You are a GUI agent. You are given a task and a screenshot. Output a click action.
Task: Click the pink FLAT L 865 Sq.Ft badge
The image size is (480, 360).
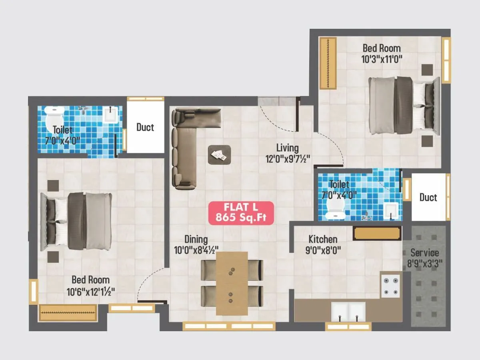click(x=241, y=213)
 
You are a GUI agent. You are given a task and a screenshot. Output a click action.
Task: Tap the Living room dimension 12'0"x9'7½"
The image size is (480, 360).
click(x=287, y=159)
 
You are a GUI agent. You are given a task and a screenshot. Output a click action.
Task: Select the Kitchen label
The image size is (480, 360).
click(x=322, y=239)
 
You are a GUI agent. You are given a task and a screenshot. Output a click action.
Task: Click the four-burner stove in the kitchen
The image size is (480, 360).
click(x=390, y=285)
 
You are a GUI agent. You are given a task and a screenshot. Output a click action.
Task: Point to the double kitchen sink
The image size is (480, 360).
click(x=348, y=311)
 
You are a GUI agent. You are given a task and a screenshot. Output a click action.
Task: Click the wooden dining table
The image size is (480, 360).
click(x=232, y=283)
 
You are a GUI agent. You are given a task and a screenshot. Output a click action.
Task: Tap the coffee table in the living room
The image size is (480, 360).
click(x=219, y=154)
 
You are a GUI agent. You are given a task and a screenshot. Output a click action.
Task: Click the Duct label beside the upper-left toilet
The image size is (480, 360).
click(x=145, y=127)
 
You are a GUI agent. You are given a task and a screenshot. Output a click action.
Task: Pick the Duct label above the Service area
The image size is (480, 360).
click(x=428, y=197)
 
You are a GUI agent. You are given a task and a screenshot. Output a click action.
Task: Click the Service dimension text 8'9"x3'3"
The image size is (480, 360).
click(x=424, y=264)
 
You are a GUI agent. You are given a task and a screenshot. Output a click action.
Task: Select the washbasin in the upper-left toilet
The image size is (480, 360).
click(x=110, y=115)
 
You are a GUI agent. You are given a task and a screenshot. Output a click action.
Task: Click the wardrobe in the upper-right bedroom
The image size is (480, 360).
click(x=328, y=63)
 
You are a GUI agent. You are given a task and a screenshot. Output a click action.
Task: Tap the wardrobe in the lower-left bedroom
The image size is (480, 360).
click(x=68, y=312)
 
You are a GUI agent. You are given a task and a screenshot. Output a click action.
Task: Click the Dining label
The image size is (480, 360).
click(x=196, y=239)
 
